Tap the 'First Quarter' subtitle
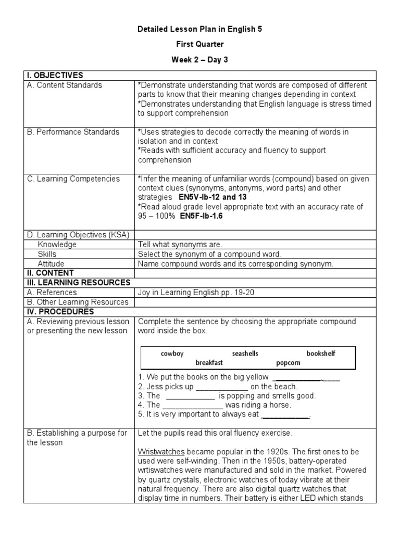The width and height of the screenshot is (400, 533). click(200, 45)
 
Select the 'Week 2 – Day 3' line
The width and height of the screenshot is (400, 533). click(200, 60)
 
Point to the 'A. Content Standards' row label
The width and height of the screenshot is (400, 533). click(65, 85)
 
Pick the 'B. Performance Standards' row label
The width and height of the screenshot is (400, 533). click(73, 132)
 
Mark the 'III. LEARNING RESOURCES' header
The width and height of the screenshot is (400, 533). click(79, 282)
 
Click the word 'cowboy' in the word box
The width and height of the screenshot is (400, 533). click(172, 354)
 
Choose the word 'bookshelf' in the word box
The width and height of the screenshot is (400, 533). click(321, 354)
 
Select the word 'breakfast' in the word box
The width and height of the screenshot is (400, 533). click(209, 363)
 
